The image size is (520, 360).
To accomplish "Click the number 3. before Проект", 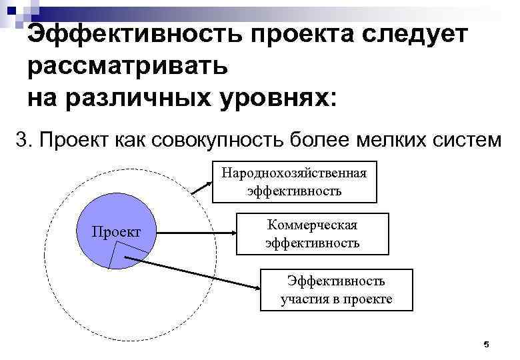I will coord(25,141).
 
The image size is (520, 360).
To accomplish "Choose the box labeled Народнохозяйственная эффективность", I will coord(294,182).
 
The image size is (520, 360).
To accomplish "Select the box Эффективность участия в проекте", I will coord(336,290).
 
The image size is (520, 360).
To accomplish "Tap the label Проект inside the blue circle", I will coord(116,232).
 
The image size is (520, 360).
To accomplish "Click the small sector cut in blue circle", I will coord(123,255).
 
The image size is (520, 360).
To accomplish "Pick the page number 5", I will coord(486,344).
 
